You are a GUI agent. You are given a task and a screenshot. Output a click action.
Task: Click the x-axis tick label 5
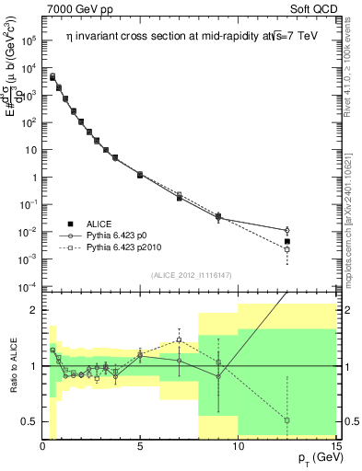[x=139, y=447]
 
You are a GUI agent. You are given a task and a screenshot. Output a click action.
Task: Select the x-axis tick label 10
[x=238, y=447]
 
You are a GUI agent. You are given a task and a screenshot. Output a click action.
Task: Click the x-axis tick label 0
[x=42, y=447]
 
